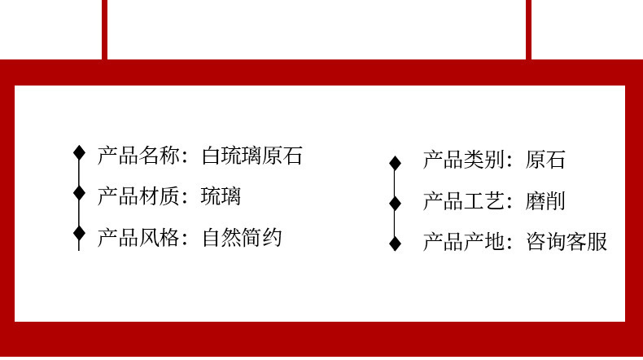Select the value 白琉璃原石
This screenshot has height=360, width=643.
[x=252, y=156]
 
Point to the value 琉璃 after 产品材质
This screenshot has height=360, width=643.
[x=221, y=196]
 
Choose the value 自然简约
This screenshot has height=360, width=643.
[x=242, y=238]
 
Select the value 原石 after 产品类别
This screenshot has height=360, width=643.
[x=546, y=160]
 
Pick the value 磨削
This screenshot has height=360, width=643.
[x=546, y=201]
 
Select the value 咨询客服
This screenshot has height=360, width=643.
[x=567, y=242]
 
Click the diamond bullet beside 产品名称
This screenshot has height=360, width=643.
[x=79, y=152]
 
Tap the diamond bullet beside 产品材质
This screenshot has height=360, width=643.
[x=79, y=193]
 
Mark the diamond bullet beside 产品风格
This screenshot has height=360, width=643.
[x=79, y=234]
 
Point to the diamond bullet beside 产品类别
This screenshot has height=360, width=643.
[x=396, y=163]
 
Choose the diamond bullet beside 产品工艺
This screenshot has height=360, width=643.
[x=396, y=203]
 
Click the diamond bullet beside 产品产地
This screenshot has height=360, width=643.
[x=396, y=243]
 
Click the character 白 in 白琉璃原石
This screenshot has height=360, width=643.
[x=212, y=156]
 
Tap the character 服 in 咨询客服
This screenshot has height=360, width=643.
[x=598, y=242]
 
